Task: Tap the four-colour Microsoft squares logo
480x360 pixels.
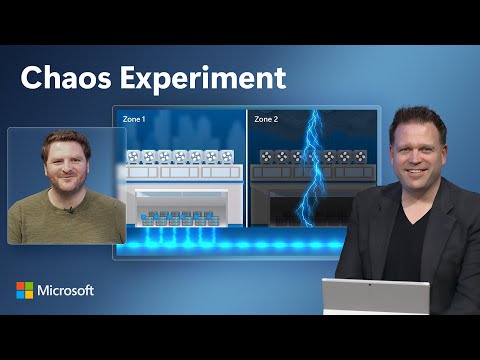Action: click(x=24, y=290)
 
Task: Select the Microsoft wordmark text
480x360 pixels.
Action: click(x=67, y=290)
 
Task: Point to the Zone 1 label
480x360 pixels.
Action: click(x=133, y=119)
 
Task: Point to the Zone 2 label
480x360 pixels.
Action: click(x=266, y=119)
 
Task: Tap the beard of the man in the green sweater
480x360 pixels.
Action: click(x=66, y=189)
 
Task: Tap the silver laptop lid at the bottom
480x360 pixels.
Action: click(x=375, y=297)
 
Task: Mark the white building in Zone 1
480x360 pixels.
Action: click(x=180, y=190)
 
